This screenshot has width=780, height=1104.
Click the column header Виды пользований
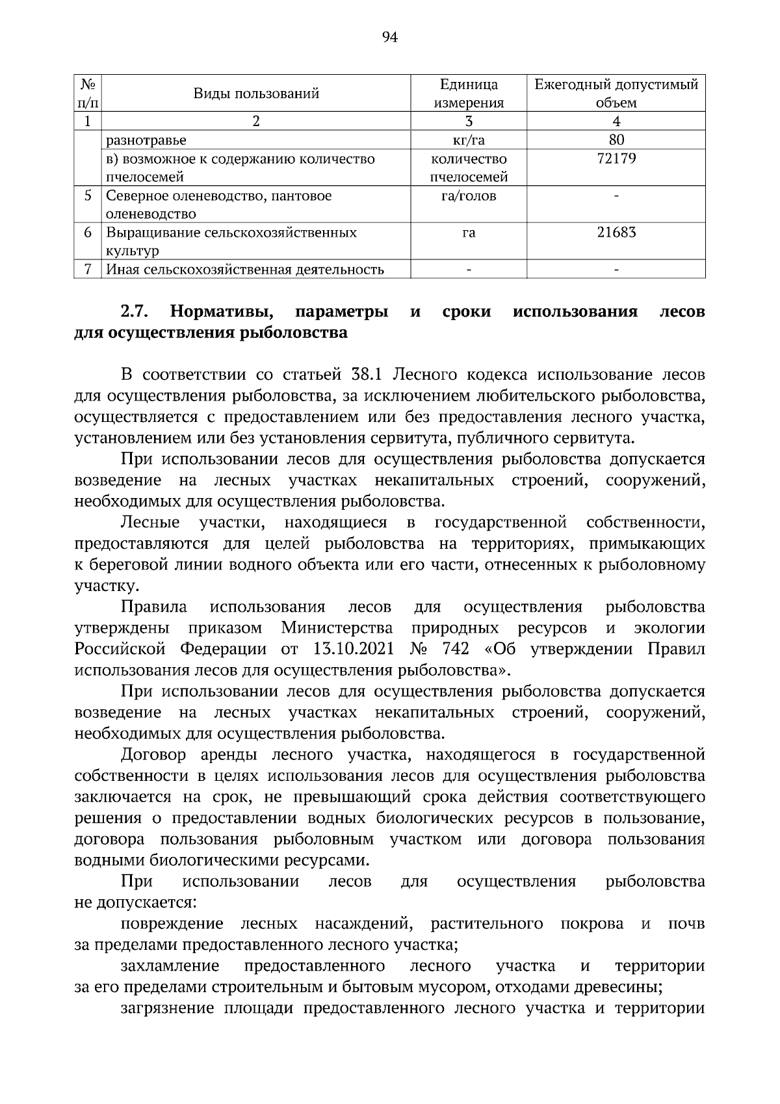[x=256, y=94]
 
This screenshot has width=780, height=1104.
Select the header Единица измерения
[x=469, y=94]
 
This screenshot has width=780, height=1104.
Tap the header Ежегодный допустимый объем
[x=616, y=94]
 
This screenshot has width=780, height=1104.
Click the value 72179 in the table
[x=616, y=159]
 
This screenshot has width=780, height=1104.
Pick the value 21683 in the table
[x=616, y=232]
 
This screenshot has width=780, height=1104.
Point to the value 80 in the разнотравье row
[x=616, y=140]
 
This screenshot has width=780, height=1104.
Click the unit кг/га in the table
[x=469, y=140]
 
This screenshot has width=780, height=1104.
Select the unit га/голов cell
[x=469, y=196]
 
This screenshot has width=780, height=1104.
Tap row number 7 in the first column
[x=87, y=269]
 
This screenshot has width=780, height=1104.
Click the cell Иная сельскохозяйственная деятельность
[x=245, y=269]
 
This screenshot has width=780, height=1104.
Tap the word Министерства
[x=337, y=628]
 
